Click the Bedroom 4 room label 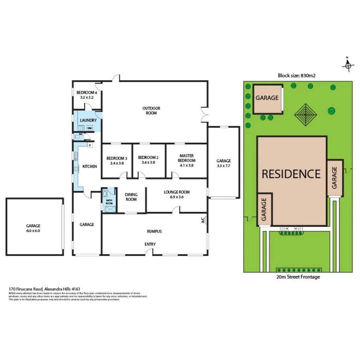coord(87,95)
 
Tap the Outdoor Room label coord(151,111)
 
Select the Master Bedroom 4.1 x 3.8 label coord(187,158)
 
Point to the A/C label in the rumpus coord(203,220)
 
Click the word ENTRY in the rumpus coord(150,244)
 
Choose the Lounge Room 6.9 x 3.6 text coord(177,194)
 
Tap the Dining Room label coord(131,197)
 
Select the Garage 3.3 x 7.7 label coord(223,163)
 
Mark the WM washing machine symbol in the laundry coord(90,128)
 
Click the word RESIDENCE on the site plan coord(291,174)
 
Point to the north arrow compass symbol coord(348,65)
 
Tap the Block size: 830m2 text coord(297,76)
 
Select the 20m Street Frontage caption coord(298,277)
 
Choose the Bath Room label coord(109,202)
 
